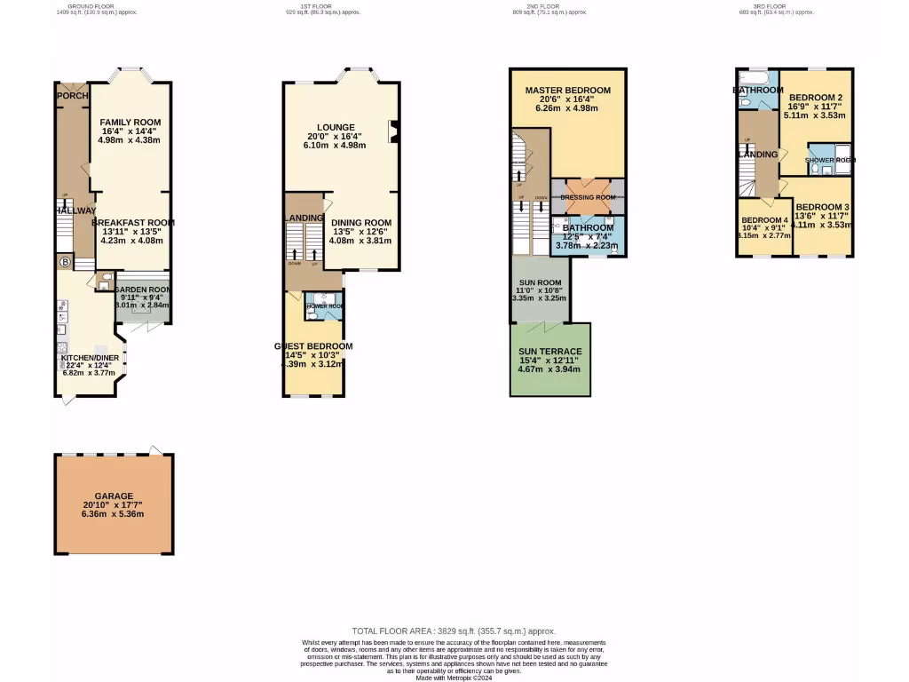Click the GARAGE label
[114, 496]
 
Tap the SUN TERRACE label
[550, 352]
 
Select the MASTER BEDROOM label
[567, 91]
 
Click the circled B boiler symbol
[64, 262]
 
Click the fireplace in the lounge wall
[391, 131]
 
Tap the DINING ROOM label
[360, 223]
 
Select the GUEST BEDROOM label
[313, 346]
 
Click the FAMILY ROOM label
[130, 122]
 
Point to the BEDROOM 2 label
[816, 98]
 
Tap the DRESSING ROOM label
[588, 197]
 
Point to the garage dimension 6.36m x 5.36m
[114, 513]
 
